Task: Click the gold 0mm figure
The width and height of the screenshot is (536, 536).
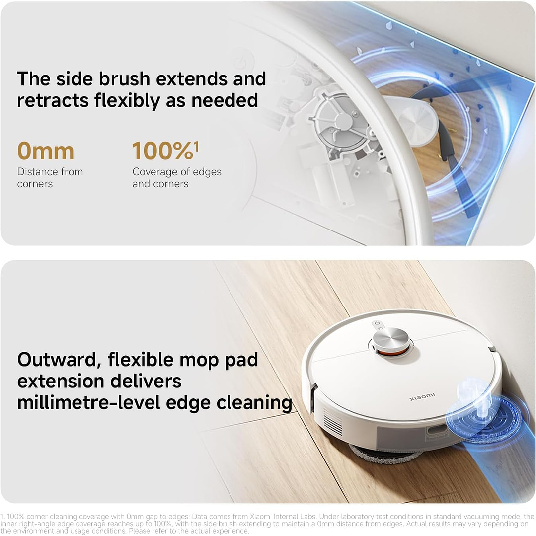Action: point(46,151)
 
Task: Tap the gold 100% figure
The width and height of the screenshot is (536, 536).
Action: point(162,151)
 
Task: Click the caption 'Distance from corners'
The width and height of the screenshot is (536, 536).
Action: point(50,177)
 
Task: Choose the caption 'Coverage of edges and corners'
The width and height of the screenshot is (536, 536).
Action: point(176,177)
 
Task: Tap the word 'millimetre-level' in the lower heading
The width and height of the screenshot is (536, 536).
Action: point(89,402)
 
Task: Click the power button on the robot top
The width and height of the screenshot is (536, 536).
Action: point(377,323)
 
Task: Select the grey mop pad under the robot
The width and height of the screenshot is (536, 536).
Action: point(385,454)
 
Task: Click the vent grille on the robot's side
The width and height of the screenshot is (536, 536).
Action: point(332,422)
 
